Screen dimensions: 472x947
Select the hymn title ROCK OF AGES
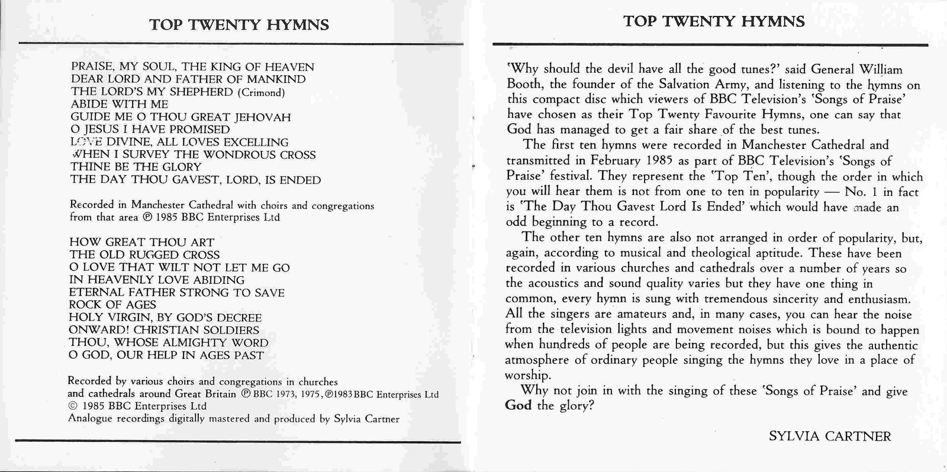[x=112, y=305]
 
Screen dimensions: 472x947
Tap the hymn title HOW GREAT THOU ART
[x=141, y=242]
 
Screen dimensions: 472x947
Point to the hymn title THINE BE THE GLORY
[x=136, y=167]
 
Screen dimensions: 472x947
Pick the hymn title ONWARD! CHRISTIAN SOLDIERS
[x=164, y=330]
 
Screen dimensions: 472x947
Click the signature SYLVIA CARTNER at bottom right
[x=830, y=437]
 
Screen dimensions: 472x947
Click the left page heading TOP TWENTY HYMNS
[x=239, y=25]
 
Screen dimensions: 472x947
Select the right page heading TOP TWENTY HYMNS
[x=714, y=22]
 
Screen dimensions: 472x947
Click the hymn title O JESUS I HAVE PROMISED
[x=150, y=130]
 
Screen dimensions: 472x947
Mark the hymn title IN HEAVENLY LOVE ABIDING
[x=157, y=280]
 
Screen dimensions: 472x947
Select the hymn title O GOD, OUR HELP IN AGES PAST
[x=166, y=355]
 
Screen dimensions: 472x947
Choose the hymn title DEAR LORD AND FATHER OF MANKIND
[x=188, y=79]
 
